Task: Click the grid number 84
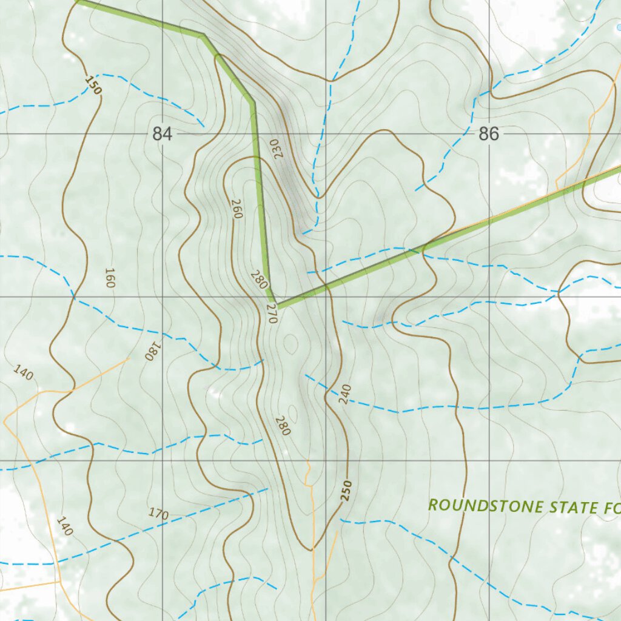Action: point(162,134)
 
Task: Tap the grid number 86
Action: point(488,134)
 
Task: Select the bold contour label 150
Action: point(93,85)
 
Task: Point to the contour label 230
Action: point(277,149)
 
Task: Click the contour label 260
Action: point(237,209)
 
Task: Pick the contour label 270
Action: point(271,313)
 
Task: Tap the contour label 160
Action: point(110,277)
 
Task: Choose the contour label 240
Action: point(345,395)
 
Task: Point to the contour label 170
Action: point(158,514)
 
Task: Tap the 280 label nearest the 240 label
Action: point(283,425)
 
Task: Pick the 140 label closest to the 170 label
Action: point(64,526)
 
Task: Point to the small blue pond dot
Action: point(618,27)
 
